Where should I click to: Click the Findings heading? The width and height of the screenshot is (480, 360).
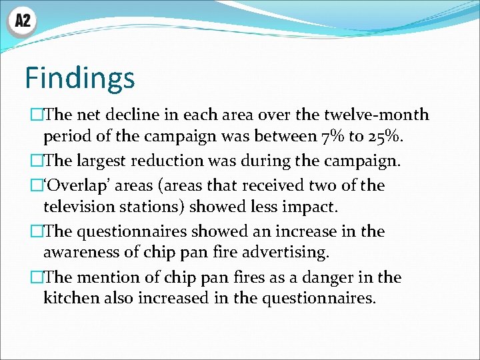point(80,78)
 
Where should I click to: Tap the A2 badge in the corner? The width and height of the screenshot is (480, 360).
point(22,21)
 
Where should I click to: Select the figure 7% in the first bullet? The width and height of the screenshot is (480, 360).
point(328,137)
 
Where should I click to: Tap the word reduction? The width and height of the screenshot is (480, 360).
point(167,161)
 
